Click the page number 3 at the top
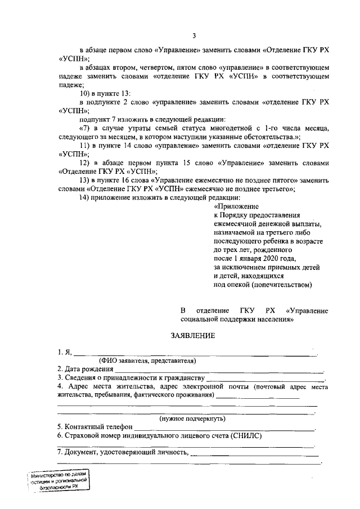coord(194,36)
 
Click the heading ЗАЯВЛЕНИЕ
coord(193,336)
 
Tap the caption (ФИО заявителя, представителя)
coord(147,360)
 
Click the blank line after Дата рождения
coord(219,370)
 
